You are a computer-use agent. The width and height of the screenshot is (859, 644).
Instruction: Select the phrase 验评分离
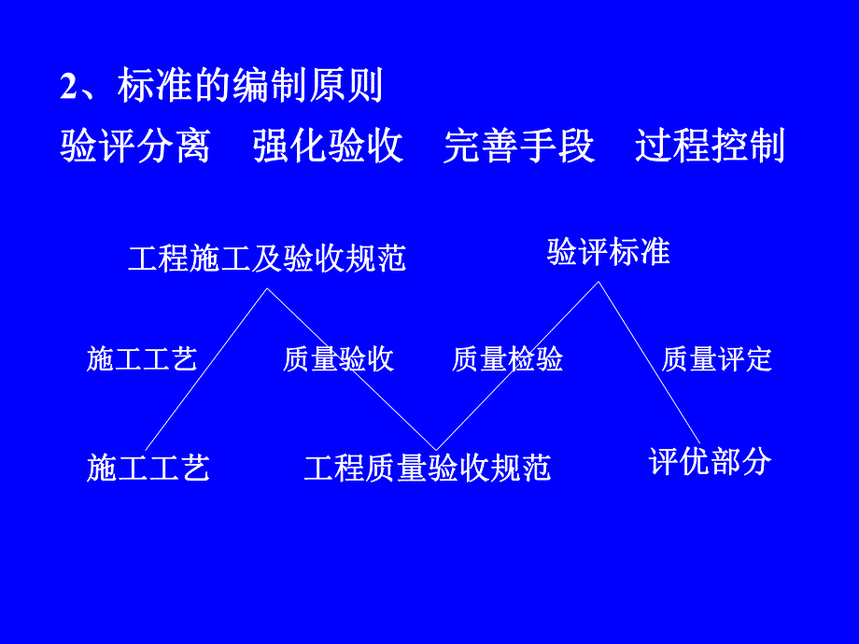tap(135, 147)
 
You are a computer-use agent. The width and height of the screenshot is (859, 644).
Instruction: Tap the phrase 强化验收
tap(328, 147)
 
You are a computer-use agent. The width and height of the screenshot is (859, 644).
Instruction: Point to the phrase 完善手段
tap(519, 147)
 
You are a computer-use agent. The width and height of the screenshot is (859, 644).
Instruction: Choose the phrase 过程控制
tap(710, 147)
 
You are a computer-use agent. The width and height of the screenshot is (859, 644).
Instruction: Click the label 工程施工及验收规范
tap(267, 258)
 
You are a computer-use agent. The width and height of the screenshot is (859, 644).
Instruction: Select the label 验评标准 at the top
tap(608, 252)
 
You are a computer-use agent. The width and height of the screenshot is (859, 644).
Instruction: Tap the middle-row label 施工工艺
tap(142, 359)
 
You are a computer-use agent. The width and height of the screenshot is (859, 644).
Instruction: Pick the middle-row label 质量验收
tap(338, 359)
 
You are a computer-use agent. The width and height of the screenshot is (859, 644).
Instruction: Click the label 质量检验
tap(507, 359)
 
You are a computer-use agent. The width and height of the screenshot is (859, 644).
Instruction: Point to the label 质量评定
tap(717, 359)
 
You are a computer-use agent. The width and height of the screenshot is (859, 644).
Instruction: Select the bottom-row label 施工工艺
tap(148, 467)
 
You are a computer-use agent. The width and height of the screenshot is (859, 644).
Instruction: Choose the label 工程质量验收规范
tap(427, 467)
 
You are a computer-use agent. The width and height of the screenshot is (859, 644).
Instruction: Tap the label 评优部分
tap(710, 461)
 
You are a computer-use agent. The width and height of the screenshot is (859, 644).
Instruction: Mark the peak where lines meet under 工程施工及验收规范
tap(267, 289)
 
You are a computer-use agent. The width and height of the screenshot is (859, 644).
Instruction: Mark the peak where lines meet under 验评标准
tap(598, 282)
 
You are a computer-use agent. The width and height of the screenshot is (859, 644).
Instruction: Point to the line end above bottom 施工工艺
tap(147, 449)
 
